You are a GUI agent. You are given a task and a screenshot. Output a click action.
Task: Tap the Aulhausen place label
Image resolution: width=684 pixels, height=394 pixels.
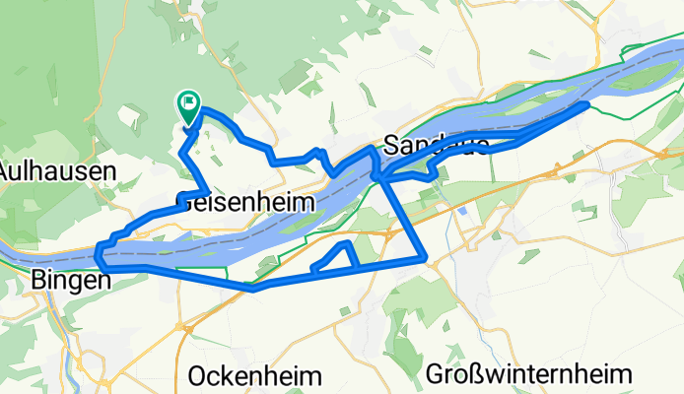[58, 169]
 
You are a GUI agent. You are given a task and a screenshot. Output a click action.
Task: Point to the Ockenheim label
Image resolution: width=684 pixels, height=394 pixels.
[254, 376]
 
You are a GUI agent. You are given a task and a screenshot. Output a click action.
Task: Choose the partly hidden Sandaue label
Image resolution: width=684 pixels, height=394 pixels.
[435, 145]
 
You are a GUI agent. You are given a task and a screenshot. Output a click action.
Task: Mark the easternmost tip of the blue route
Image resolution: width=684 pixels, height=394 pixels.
[587, 103]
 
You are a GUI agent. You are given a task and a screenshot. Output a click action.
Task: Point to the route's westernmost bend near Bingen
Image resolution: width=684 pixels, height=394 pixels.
[100, 256]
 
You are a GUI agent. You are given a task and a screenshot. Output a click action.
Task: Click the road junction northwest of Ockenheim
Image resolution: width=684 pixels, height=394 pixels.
[181, 325]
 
